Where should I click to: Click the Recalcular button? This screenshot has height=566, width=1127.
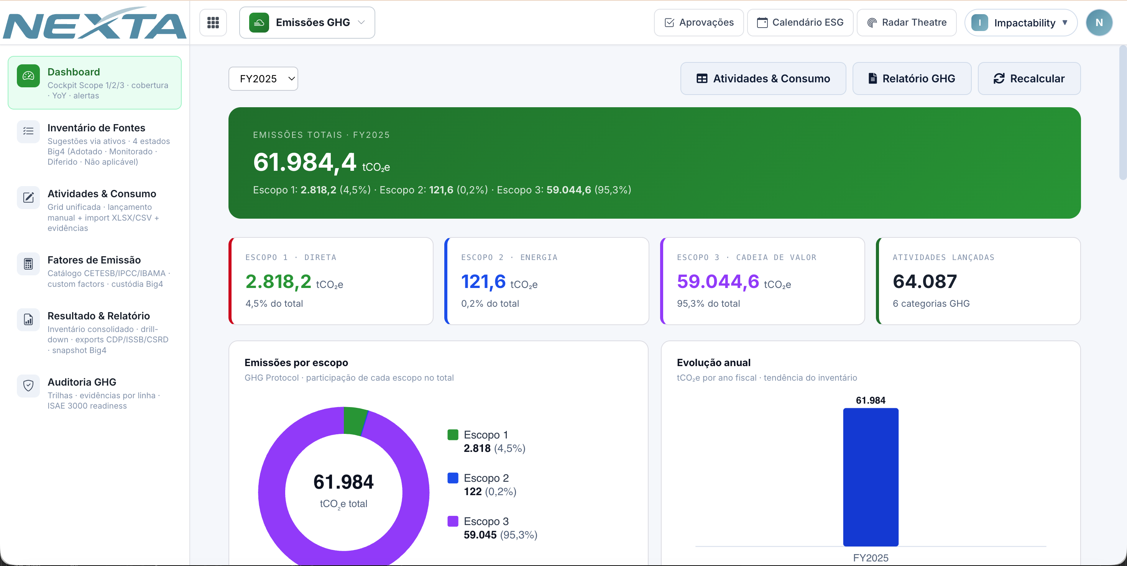(x=1029, y=79)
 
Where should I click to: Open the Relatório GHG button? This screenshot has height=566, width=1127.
(x=912, y=79)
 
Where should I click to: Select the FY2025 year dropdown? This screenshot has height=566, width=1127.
(x=263, y=79)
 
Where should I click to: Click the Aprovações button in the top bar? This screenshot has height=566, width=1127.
(x=699, y=23)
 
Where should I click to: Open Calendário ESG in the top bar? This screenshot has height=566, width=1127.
(x=800, y=23)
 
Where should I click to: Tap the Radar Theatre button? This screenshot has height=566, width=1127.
(x=907, y=23)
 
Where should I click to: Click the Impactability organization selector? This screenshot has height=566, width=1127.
(x=1021, y=23)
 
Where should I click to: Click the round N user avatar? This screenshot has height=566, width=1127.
(x=1099, y=23)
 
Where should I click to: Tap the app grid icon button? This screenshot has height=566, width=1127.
(x=213, y=23)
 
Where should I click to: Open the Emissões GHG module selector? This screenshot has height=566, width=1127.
(x=307, y=23)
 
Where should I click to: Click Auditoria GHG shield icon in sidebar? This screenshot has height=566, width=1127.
(x=28, y=386)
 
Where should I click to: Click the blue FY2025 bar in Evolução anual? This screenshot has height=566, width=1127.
(x=871, y=477)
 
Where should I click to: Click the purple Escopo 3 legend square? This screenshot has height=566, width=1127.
(x=453, y=521)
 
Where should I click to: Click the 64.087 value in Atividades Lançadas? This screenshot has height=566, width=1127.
(x=925, y=281)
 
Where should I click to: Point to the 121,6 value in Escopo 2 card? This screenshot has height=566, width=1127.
(x=483, y=281)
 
